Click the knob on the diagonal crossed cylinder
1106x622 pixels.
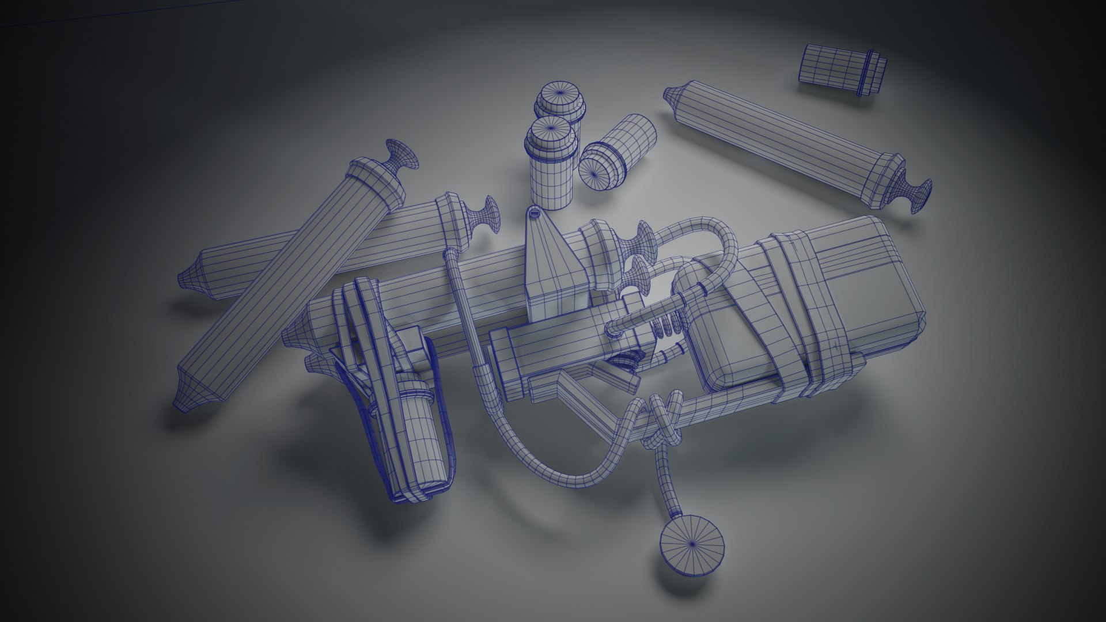point(403,155)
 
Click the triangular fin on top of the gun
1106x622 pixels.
point(550,259)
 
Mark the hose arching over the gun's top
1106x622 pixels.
point(709,227)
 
